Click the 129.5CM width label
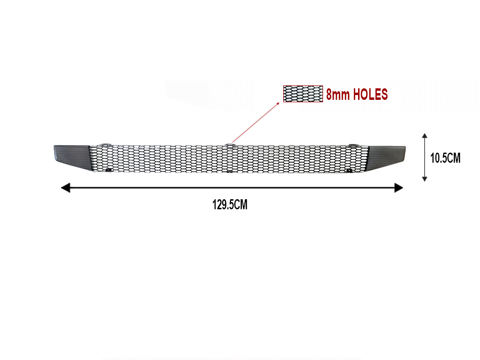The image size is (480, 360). pos(230,204)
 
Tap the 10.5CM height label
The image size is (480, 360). pos(445,158)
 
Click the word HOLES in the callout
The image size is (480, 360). pos(371,94)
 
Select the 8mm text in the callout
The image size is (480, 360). pos(337,95)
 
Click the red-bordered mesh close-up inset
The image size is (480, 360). pos(303,94)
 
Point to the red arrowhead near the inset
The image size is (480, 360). pos(278,103)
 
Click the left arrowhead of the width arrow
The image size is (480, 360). pos(65,188)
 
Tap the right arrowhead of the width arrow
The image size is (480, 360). pos(398,188)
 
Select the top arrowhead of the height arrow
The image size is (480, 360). pos(425,136)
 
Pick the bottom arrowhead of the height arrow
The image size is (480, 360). pos(425,179)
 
